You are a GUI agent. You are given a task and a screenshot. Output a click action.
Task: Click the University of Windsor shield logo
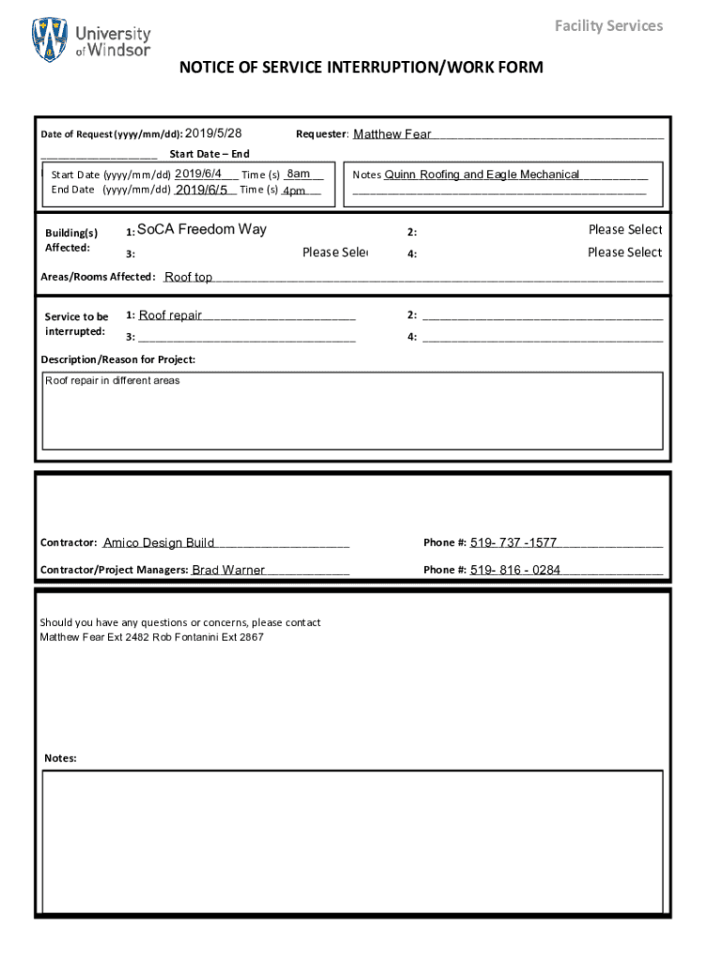coord(50,39)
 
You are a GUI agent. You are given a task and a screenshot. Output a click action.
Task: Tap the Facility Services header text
coord(608,25)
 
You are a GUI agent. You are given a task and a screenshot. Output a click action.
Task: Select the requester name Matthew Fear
coord(392,134)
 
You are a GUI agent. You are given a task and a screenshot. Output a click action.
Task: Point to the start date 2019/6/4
coord(198,174)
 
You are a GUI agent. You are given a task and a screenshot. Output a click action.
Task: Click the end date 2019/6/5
coord(202,190)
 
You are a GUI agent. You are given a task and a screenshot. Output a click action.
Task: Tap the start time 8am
coord(299,174)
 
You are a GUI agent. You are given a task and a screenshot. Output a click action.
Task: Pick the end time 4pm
coord(295,191)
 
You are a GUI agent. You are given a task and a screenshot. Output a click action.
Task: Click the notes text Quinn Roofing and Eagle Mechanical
coord(482,175)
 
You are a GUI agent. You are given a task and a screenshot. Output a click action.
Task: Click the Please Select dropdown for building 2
coord(624,229)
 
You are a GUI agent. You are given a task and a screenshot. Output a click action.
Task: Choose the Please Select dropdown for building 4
coord(624,252)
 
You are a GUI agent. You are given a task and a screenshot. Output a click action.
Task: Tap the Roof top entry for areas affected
coord(189,277)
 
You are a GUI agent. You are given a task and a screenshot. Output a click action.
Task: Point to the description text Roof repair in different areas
coord(113,381)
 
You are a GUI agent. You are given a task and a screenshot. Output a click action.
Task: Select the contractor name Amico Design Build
coord(159,542)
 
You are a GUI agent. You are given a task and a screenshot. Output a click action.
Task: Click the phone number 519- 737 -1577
coord(514,542)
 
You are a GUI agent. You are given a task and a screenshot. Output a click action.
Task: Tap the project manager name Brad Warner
coord(228,570)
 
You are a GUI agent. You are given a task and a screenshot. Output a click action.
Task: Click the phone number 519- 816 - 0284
coord(515,570)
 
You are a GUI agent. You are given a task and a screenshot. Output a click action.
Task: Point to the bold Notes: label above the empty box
coord(60,758)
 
